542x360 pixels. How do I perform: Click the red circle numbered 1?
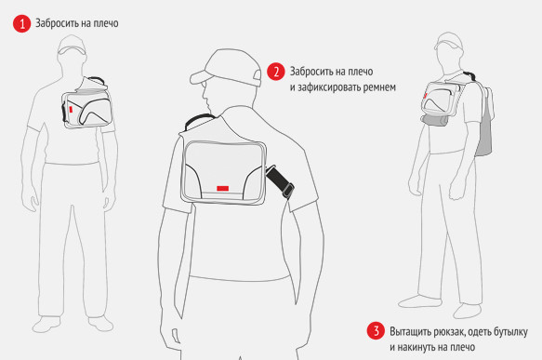pyautogui.click(x=21, y=23)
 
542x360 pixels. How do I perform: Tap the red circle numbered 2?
pyautogui.click(x=275, y=72)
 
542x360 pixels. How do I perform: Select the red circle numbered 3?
pyautogui.click(x=376, y=330)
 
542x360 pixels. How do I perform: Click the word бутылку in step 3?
pyautogui.click(x=510, y=332)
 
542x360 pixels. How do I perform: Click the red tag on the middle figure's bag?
pyautogui.click(x=223, y=188)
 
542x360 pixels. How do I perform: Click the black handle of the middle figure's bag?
pyautogui.click(x=199, y=121)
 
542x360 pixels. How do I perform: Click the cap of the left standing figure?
pyautogui.click(x=72, y=45)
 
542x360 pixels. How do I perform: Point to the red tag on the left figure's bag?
pyautogui.click(x=71, y=109)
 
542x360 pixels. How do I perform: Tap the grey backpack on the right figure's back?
pyautogui.click(x=484, y=122)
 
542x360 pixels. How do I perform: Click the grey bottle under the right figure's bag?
pyautogui.click(x=435, y=120)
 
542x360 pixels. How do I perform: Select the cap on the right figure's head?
pyautogui.click(x=449, y=42)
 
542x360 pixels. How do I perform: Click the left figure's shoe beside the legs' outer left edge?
pyautogui.click(x=46, y=325)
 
